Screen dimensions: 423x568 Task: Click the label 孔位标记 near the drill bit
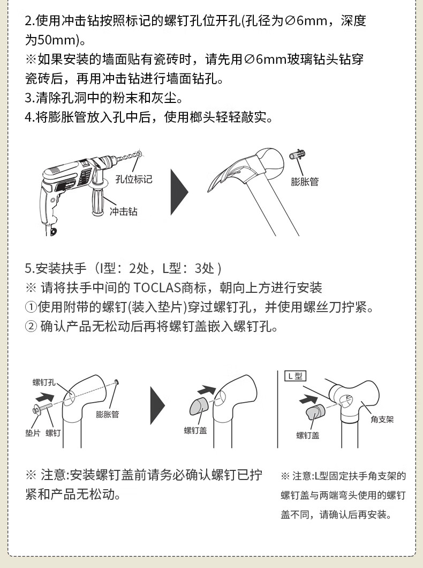pos(134,179)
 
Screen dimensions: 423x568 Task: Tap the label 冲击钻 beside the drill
pos(123,211)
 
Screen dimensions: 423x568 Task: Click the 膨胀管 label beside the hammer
pos(305,181)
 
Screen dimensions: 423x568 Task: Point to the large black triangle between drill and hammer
pos(179,191)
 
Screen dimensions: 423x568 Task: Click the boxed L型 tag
pos(295,376)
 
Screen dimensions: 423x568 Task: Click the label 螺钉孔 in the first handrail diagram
pos(44,382)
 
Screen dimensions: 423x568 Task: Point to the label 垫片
pos(32,433)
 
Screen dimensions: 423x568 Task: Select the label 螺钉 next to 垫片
pos(53,433)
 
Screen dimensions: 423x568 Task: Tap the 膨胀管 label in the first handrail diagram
pos(108,415)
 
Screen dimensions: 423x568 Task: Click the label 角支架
pos(382,419)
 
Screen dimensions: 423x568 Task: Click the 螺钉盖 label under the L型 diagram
pos(308,436)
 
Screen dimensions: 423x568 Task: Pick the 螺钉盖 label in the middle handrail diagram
pos(195,430)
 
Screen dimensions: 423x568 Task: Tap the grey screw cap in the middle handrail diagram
pos(199,407)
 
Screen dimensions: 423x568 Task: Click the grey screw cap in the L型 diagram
pos(315,412)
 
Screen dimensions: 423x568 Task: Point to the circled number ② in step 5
pos(31,327)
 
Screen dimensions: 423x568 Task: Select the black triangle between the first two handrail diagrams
pos(157,405)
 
